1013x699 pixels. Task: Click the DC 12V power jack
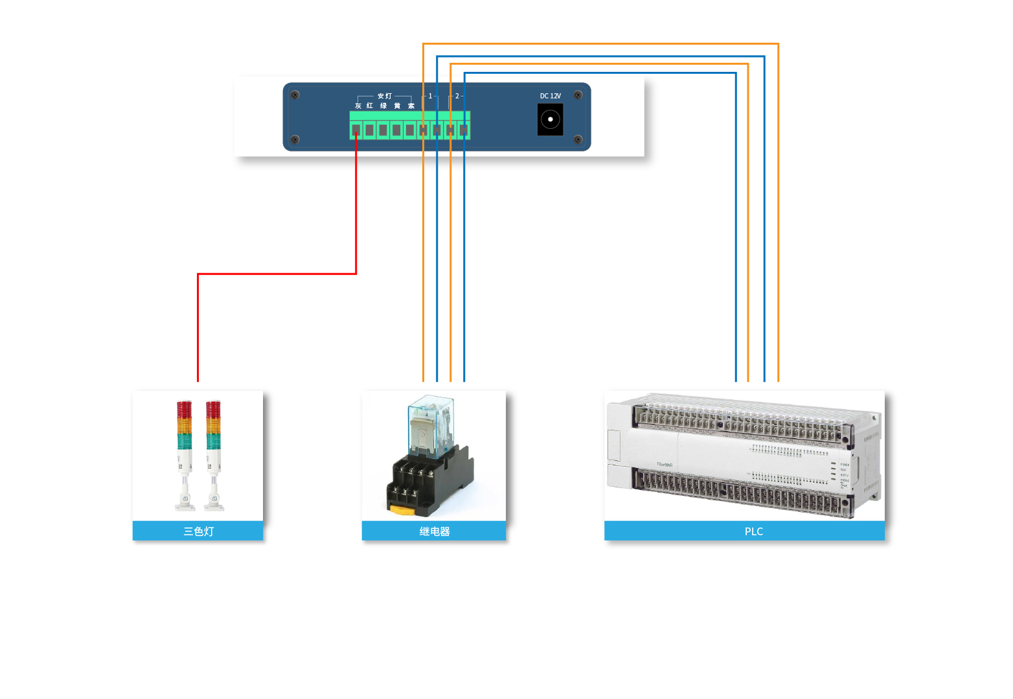click(550, 119)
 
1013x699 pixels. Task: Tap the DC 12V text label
click(551, 96)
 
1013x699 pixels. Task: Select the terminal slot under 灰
click(356, 130)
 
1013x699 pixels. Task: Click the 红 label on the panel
click(370, 105)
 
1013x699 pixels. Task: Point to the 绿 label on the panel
click(383, 105)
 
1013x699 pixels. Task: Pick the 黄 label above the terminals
click(397, 105)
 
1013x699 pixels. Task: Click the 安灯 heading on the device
click(385, 96)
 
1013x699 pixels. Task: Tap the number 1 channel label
click(430, 96)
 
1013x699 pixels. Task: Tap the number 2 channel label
click(457, 96)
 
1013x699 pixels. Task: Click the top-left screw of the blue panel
click(295, 94)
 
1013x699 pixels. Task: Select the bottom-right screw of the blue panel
click(578, 139)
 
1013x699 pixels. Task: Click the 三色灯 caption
click(198, 531)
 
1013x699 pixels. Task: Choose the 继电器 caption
click(434, 531)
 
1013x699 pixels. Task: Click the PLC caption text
click(753, 531)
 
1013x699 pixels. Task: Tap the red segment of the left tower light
click(184, 409)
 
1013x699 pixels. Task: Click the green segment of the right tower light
click(213, 441)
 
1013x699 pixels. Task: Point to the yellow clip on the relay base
click(402, 511)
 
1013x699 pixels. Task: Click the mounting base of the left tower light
click(185, 504)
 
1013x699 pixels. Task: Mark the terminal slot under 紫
click(410, 130)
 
